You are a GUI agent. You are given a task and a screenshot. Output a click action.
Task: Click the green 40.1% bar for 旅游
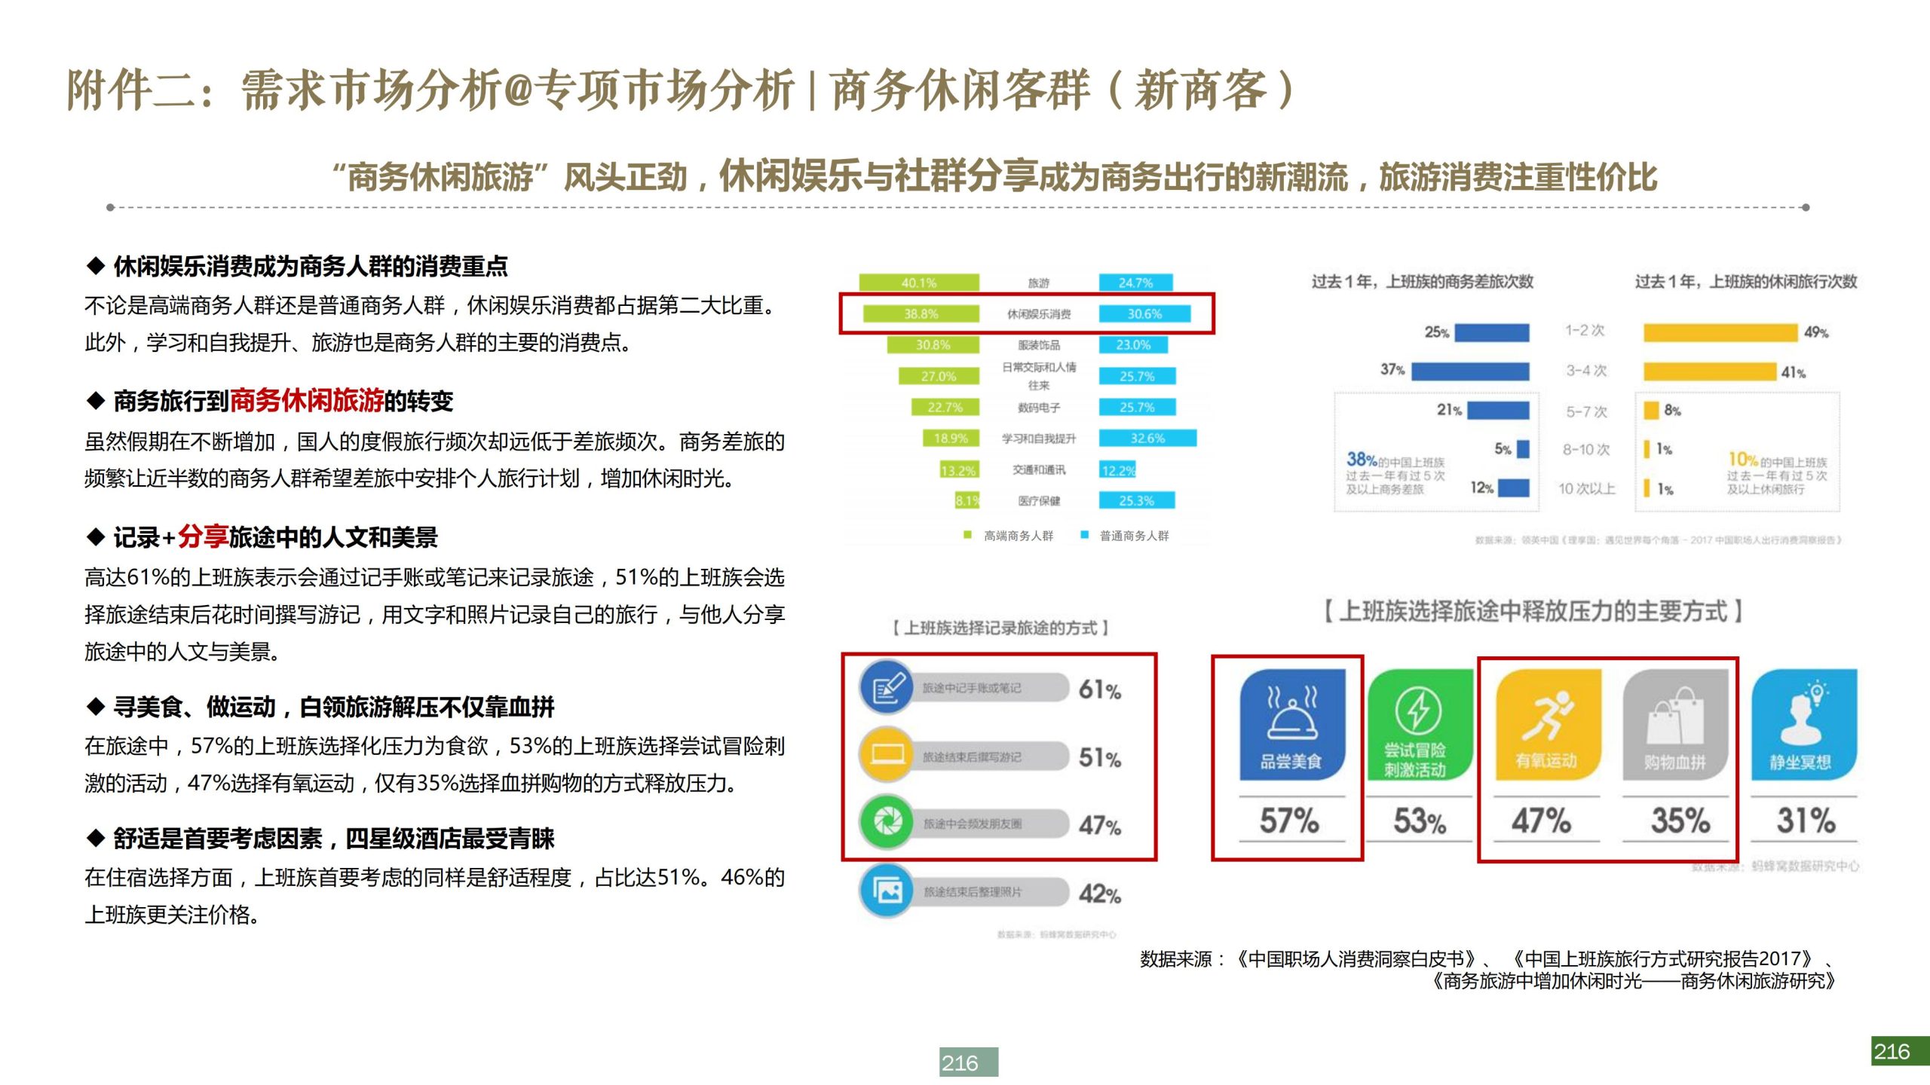(919, 283)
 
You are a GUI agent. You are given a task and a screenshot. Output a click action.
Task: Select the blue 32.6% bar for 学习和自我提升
(1147, 438)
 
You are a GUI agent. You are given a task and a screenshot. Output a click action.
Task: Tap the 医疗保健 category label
(1038, 500)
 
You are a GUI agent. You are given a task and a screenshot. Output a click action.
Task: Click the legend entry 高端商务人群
(1017, 536)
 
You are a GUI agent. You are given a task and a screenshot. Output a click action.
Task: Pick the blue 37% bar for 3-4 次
(1469, 371)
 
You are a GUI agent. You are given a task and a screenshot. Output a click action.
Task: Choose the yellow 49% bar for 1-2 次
(1720, 332)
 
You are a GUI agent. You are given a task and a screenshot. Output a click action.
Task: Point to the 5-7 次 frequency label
(1586, 411)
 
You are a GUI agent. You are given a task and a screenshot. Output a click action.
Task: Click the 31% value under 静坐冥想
(1805, 821)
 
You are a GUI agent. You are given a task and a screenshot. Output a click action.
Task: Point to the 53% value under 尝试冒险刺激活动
(1419, 821)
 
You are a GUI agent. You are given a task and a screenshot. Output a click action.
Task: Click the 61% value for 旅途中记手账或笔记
(1099, 689)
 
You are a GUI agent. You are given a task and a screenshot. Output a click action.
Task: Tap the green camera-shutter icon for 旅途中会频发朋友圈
(887, 822)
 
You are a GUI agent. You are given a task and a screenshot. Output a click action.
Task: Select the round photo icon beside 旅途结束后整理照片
(887, 891)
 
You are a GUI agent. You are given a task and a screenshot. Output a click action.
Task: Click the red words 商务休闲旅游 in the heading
(306, 401)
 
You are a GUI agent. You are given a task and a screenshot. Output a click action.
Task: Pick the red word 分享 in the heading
(203, 536)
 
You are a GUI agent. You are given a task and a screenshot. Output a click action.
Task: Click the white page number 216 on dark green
(1899, 1051)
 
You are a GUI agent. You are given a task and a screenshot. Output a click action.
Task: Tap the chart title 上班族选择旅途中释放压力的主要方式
(1533, 611)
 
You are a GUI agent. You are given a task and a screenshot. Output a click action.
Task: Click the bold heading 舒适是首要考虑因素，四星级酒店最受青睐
(333, 838)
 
